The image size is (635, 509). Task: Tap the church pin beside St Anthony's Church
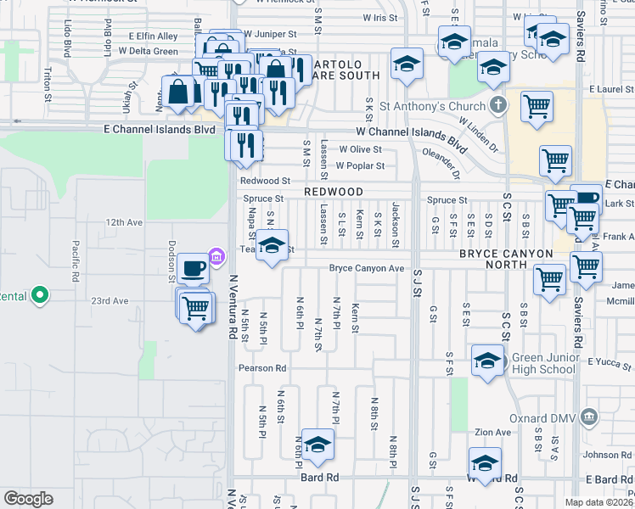click(x=498, y=105)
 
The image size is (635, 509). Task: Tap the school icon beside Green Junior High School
click(x=487, y=361)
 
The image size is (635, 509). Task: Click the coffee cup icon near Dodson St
click(x=194, y=268)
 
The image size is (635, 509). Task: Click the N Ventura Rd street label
click(x=232, y=307)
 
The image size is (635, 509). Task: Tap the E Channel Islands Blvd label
click(x=160, y=129)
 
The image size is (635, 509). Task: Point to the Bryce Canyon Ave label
click(x=367, y=268)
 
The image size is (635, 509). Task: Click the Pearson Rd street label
click(x=262, y=368)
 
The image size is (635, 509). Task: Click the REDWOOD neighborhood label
click(x=334, y=193)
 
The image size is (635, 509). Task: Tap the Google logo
click(x=28, y=498)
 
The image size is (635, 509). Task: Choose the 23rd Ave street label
click(x=110, y=300)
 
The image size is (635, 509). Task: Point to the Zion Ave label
click(x=493, y=432)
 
